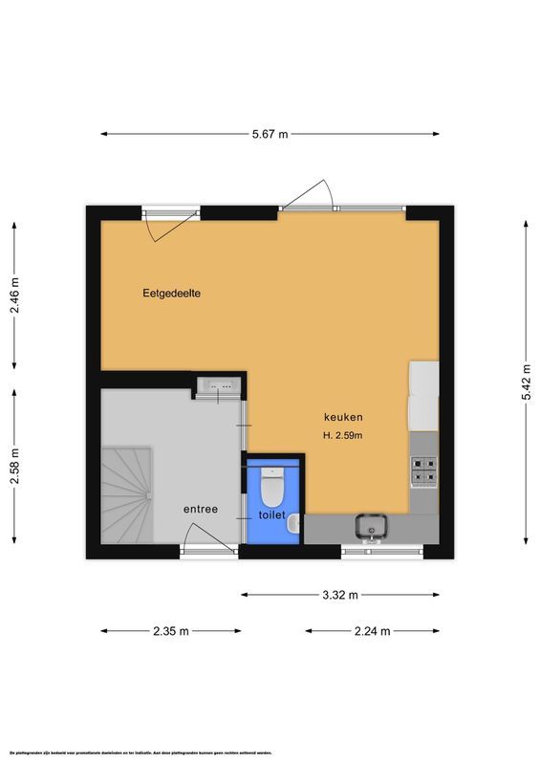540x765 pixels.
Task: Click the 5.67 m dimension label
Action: [x=270, y=135]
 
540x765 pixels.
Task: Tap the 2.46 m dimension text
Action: [x=13, y=295]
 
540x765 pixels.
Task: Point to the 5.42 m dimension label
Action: [x=527, y=386]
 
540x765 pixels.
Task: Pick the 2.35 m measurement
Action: [x=170, y=631]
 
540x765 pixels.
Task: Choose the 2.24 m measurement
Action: [x=372, y=631]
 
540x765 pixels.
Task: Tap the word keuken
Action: [x=343, y=417]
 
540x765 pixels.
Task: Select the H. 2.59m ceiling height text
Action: [x=343, y=436]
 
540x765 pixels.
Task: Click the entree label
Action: [x=201, y=510]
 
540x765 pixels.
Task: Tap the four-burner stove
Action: [x=423, y=470]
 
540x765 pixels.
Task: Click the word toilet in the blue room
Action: [x=271, y=515]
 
